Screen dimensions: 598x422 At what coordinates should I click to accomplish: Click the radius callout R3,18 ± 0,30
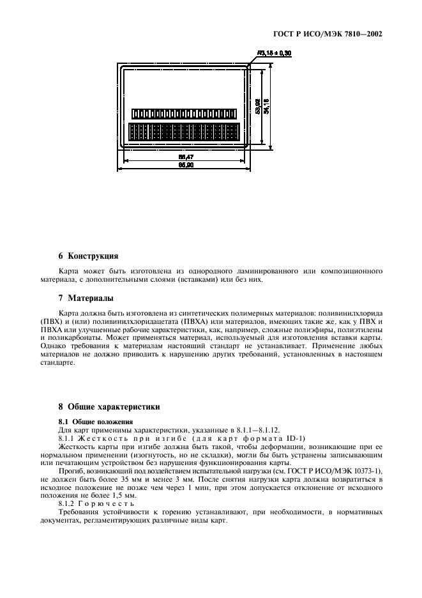[274, 54]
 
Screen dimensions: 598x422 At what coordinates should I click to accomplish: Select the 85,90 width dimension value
[186, 165]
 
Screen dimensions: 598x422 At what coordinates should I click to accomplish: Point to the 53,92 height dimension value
[257, 107]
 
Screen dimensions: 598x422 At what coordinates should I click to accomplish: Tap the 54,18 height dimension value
[266, 107]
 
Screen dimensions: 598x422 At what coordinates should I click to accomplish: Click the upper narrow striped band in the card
[184, 113]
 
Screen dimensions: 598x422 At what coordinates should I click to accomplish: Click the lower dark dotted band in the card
[184, 132]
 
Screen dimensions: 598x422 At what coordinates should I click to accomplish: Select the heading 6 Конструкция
[88, 256]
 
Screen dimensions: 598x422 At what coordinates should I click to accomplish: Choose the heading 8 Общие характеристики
[109, 406]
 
